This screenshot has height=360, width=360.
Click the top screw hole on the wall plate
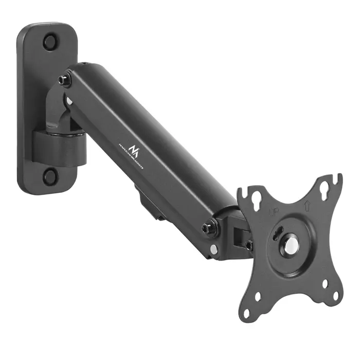pos(50,42)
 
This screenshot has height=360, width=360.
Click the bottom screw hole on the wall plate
pos(50,177)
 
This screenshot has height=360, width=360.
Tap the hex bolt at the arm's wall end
pos(65,80)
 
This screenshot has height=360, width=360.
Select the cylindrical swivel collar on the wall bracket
pos(60,146)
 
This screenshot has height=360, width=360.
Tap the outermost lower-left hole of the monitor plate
pos(247,312)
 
